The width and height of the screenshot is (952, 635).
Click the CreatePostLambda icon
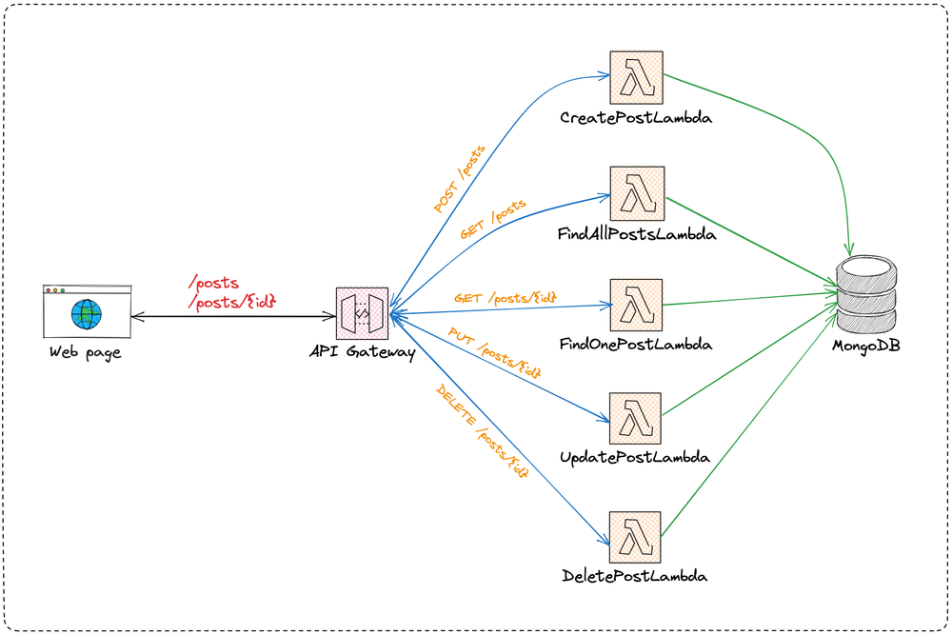(x=637, y=78)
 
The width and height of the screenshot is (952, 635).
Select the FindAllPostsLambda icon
(x=637, y=193)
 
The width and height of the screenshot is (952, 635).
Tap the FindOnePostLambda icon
(x=637, y=305)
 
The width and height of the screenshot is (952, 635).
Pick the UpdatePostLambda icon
(x=637, y=418)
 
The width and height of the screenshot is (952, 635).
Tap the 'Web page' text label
(x=86, y=353)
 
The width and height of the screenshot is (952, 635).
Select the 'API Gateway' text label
(x=362, y=353)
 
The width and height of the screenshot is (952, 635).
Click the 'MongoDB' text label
(x=866, y=344)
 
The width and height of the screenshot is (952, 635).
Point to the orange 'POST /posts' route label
(x=460, y=179)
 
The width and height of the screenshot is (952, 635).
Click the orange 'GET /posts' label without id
(x=493, y=219)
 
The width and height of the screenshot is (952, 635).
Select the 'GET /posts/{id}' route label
(x=505, y=298)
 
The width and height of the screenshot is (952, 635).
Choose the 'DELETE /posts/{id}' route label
(x=482, y=430)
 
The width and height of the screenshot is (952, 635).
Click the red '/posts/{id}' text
(x=233, y=300)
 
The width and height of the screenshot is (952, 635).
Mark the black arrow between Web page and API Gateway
(x=233, y=316)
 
